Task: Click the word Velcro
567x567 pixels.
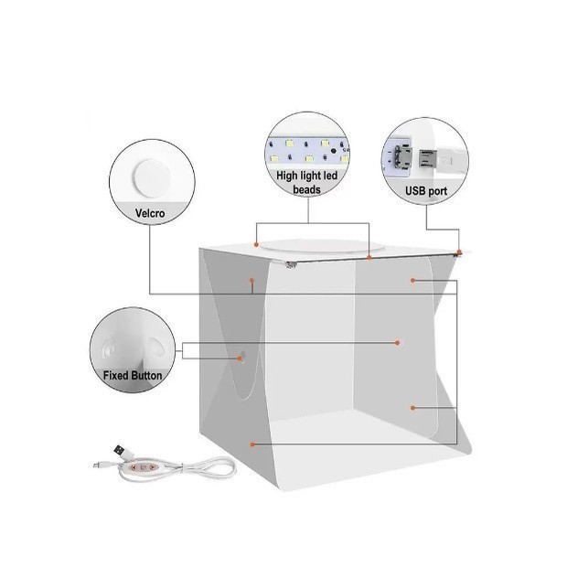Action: pyautogui.click(x=150, y=213)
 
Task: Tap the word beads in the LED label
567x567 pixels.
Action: pyautogui.click(x=306, y=189)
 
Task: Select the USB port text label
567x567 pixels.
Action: pyautogui.click(x=426, y=191)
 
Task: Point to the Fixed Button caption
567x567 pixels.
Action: pyautogui.click(x=133, y=375)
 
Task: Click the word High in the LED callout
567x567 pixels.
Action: pyautogui.click(x=287, y=177)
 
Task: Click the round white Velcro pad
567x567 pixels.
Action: pyautogui.click(x=152, y=178)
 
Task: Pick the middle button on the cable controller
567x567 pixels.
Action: pyautogui.click(x=144, y=467)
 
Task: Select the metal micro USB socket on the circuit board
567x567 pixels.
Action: pyautogui.click(x=402, y=157)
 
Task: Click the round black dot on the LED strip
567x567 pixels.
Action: pyautogui.click(x=333, y=150)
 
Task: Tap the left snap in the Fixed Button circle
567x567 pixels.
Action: pyautogui.click(x=109, y=349)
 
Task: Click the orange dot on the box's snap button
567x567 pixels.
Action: pyautogui.click(x=240, y=358)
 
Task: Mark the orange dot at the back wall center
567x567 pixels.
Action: pyautogui.click(x=398, y=342)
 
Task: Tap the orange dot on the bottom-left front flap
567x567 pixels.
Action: pyautogui.click(x=252, y=444)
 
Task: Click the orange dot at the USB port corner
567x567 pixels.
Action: pyautogui.click(x=459, y=251)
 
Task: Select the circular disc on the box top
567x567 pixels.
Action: pyautogui.click(x=322, y=246)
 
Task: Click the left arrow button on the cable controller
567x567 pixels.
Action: pyautogui.click(x=134, y=467)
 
